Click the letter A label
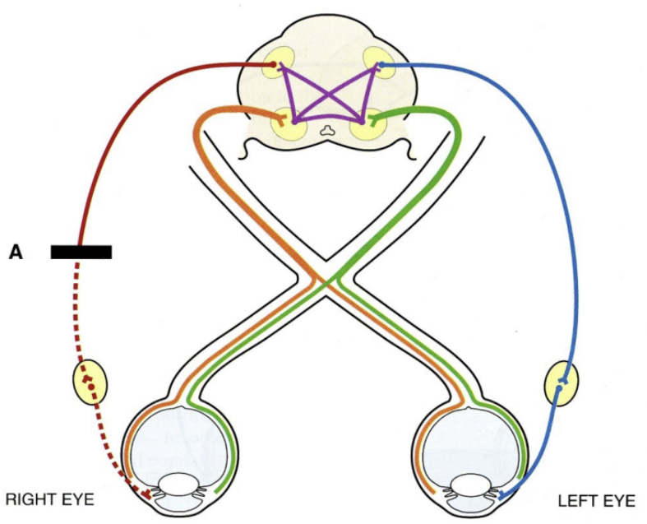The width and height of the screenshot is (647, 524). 16,253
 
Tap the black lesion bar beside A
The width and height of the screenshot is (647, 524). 81,252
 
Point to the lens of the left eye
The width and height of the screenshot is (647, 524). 466,485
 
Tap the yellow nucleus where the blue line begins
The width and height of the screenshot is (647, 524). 376,63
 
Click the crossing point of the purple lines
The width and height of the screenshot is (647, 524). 326,92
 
